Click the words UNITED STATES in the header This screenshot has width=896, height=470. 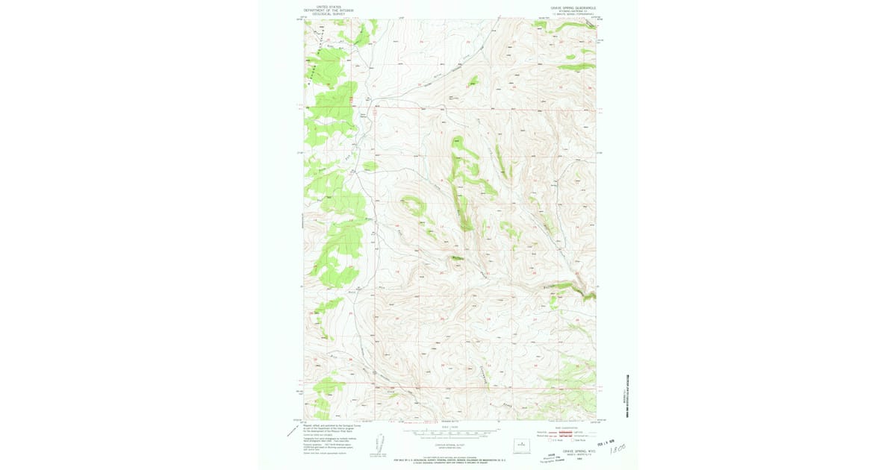point(329,7)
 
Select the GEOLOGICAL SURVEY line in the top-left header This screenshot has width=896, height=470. point(329,14)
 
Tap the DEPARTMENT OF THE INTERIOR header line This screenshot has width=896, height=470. point(329,10)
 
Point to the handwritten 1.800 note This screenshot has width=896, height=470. point(618,451)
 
